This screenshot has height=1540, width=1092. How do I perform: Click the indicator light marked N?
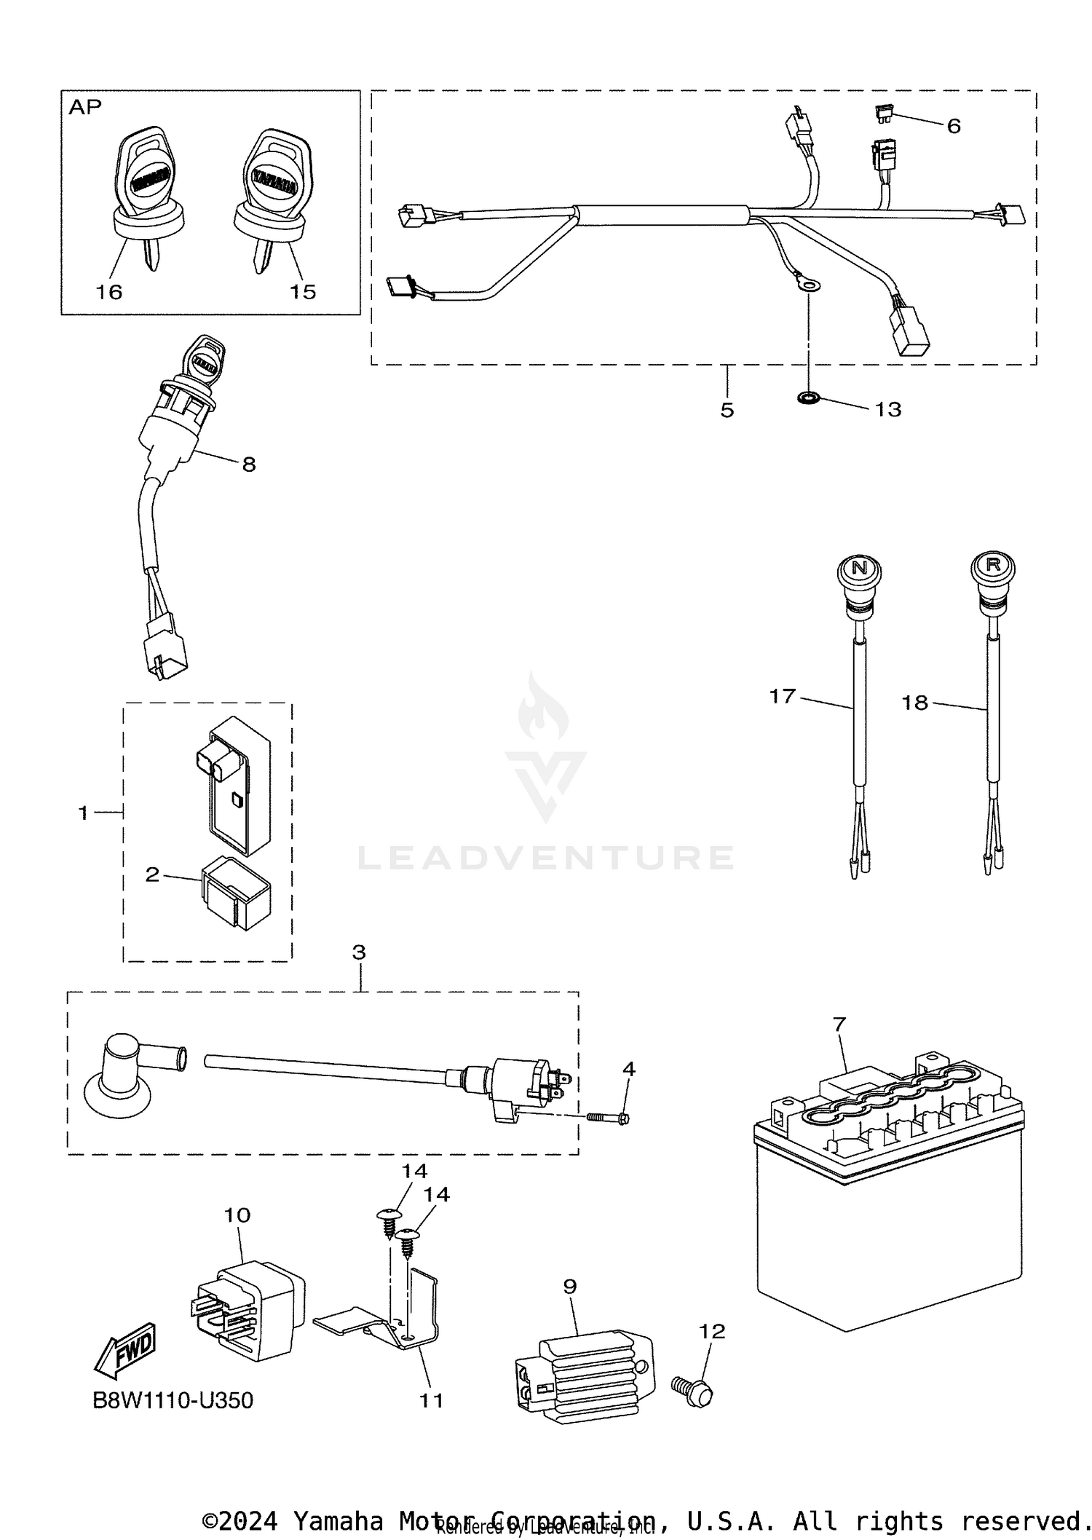click(x=859, y=569)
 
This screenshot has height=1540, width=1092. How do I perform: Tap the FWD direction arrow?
click(x=126, y=1349)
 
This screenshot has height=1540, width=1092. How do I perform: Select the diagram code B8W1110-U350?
click(x=173, y=1400)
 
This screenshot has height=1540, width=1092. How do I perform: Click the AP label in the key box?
click(x=85, y=108)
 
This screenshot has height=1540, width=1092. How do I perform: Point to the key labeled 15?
click(x=271, y=197)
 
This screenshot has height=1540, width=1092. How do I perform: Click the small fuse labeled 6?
click(x=883, y=112)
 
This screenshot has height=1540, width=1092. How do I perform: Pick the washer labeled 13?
click(x=808, y=398)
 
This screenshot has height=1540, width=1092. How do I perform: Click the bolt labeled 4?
click(x=607, y=1117)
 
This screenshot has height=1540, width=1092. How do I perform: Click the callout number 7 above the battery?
click(x=839, y=1024)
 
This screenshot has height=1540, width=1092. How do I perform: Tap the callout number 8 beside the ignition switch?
click(x=249, y=464)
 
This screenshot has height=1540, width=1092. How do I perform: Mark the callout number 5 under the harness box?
click(x=727, y=410)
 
